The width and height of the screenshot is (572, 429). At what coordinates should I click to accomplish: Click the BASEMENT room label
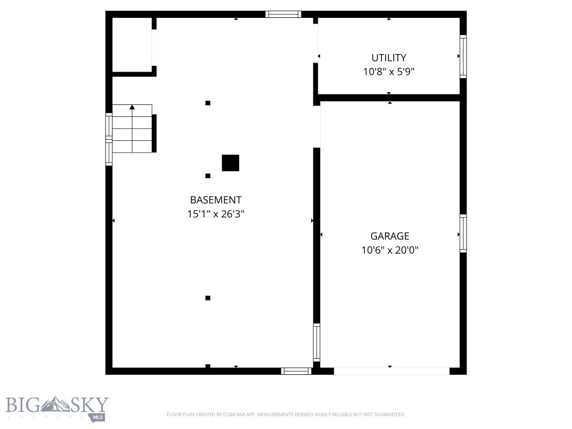click(x=216, y=200)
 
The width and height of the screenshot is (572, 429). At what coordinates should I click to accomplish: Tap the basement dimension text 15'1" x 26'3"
click(x=216, y=213)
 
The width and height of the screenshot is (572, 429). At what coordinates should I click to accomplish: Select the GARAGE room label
click(x=390, y=236)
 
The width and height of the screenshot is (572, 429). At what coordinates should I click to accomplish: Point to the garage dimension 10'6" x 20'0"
click(x=390, y=250)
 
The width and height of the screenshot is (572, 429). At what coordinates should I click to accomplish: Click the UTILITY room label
click(x=389, y=58)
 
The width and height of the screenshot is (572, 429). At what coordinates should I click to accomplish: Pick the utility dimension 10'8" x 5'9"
click(x=389, y=71)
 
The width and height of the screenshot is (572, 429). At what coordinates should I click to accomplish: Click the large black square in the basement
click(x=230, y=163)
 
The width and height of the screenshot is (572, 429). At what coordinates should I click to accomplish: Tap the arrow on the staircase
click(x=132, y=107)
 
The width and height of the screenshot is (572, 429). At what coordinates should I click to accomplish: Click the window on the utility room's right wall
click(x=463, y=56)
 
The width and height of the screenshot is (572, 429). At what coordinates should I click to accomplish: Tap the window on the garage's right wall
click(x=463, y=233)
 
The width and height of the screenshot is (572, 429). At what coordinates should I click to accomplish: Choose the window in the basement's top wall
click(x=283, y=15)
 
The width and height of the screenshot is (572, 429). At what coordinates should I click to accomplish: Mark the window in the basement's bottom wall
click(x=296, y=371)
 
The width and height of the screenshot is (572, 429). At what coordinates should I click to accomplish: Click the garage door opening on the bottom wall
click(x=392, y=371)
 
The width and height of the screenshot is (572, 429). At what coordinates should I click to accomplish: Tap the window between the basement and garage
click(x=317, y=342)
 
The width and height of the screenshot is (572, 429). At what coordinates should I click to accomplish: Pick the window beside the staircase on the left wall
click(x=109, y=139)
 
